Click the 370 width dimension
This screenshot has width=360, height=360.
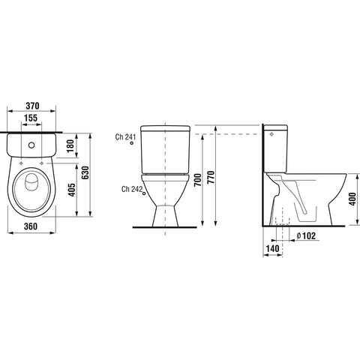click(x=32, y=106)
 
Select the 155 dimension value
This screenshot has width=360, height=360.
click(x=31, y=118)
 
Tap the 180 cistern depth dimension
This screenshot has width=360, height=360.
click(x=71, y=145)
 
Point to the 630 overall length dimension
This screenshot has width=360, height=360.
click(x=85, y=172)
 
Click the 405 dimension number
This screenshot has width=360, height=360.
click(x=72, y=190)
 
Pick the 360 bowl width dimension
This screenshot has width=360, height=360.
click(x=31, y=226)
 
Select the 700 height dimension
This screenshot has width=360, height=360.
click(x=198, y=180)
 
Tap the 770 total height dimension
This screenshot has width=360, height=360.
click(x=211, y=177)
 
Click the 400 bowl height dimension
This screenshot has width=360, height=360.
click(x=352, y=199)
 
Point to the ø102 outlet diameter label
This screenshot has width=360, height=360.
click(x=306, y=235)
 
